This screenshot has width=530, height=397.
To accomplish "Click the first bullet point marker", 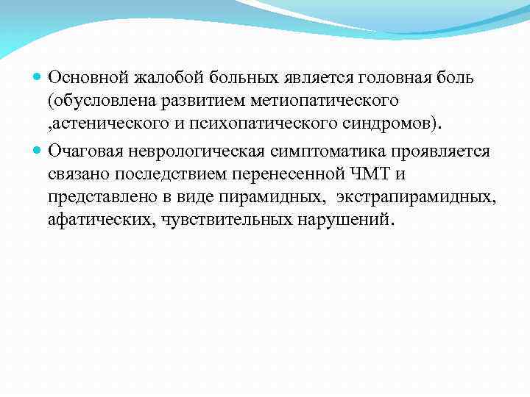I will pyautogui.click(x=38, y=77).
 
